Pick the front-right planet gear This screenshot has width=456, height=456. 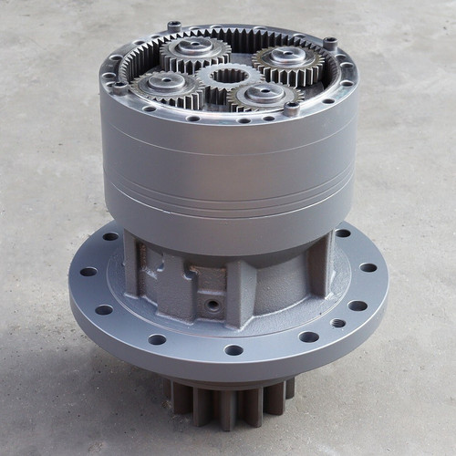[x=264, y=93]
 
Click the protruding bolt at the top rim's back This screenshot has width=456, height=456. [x=173, y=26]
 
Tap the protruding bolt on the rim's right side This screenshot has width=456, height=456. [x=329, y=43]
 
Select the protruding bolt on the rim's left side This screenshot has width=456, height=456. [x=119, y=88]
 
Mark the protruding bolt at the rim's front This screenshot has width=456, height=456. [x=291, y=109]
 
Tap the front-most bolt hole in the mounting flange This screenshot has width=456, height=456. [x=233, y=349]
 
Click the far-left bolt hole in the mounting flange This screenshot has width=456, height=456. [x=88, y=272]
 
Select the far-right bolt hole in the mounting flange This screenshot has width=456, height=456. [x=368, y=267]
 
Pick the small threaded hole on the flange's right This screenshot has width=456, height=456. [x=338, y=322]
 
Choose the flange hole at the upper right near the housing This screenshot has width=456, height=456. [x=343, y=233]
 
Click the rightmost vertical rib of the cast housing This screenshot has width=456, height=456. [x=319, y=264]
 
